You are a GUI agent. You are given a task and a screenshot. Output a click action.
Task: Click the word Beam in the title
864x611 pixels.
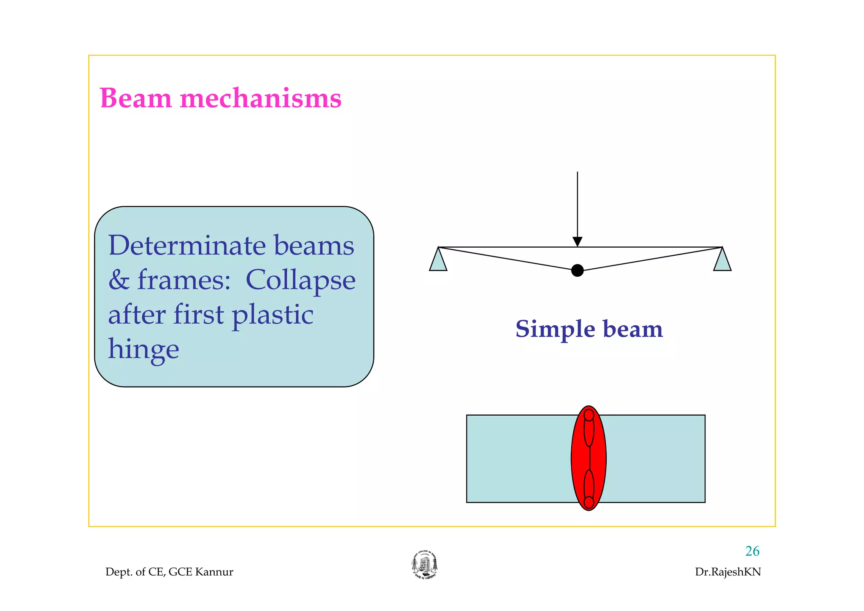(136, 98)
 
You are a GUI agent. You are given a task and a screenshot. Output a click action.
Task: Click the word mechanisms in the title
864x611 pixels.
(260, 98)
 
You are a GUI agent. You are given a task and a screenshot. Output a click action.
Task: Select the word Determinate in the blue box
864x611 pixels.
(186, 246)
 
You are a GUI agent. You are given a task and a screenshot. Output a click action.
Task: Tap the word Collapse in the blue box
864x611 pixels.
(300, 280)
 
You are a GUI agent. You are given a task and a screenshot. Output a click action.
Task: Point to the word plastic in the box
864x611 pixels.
(273, 316)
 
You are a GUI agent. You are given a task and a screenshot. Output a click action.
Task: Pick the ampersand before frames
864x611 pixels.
(118, 280)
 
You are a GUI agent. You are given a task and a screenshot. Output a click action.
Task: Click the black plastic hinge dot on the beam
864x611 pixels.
(577, 270)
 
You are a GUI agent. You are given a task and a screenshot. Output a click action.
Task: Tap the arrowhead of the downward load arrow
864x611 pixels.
(577, 242)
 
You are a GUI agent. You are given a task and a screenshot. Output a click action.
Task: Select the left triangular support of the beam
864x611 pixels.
(438, 261)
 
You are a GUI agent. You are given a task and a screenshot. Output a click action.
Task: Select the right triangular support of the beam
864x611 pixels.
(722, 261)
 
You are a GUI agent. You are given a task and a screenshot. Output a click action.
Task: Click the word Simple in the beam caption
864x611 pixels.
(554, 329)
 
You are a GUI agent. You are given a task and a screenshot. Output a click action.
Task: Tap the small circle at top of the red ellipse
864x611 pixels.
(589, 416)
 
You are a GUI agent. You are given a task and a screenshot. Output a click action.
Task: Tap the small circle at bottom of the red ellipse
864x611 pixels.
(589, 502)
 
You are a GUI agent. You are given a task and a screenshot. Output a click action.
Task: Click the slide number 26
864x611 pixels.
(752, 551)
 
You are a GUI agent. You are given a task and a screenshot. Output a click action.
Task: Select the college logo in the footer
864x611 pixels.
(424, 565)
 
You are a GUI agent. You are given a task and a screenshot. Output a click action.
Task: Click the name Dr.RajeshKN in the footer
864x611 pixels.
(728, 572)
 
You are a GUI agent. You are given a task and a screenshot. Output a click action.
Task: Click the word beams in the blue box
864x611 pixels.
(314, 246)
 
